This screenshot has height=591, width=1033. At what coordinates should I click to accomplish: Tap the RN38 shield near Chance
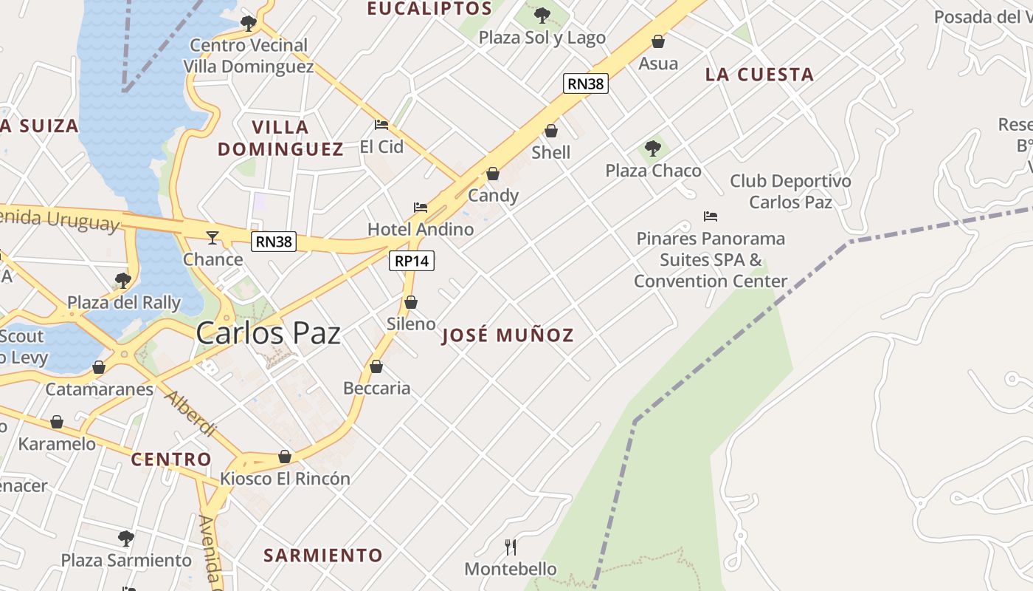pos(274,242)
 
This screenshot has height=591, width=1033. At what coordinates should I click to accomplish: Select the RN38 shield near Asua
pos(586,83)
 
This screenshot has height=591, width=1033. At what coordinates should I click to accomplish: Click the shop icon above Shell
pos(551,131)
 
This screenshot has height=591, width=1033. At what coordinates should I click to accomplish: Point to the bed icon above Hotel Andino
pos(421,208)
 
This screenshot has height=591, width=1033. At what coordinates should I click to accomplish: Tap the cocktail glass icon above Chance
pos(213,237)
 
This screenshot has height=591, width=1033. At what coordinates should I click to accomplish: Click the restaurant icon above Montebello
pos(510,547)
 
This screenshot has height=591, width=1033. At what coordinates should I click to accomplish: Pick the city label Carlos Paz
pos(269,333)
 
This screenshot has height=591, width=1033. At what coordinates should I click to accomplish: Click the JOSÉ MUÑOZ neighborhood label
pos(508,336)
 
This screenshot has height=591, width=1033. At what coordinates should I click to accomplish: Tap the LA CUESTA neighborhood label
pos(759,75)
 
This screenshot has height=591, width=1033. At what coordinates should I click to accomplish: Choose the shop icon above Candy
pos(493,174)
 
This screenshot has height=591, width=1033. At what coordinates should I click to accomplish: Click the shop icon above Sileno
pos(411,302)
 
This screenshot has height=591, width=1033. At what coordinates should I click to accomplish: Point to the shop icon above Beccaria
pos(376,366)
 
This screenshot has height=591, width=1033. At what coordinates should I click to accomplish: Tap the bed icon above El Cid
pos(381,125)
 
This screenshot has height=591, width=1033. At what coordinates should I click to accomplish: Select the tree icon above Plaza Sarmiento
pos(126,538)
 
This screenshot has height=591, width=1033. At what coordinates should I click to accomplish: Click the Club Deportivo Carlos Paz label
pos(790,191)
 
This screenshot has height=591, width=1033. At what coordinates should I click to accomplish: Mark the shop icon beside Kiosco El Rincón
pos(285,457)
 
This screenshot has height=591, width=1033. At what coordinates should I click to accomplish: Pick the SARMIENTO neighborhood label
pos(323,556)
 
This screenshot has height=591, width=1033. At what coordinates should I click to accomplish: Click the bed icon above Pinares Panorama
pos(711,216)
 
